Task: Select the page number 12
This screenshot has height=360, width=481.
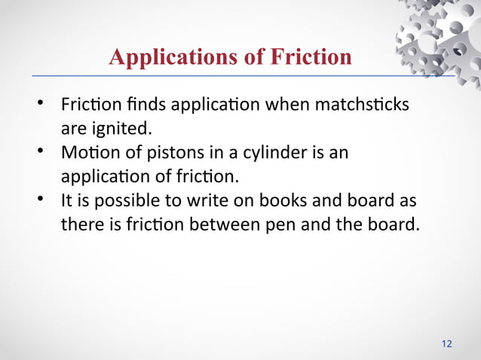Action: click(446, 343)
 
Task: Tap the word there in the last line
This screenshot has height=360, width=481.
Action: click(80, 225)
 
